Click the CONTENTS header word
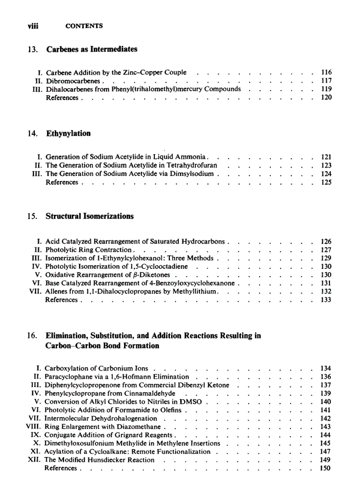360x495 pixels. [84, 26]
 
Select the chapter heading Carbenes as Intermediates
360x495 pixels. [91, 49]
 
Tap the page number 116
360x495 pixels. [326, 72]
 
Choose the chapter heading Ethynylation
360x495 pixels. [68, 134]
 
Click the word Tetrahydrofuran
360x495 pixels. [191, 165]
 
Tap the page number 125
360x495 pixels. [326, 182]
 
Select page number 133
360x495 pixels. [326, 300]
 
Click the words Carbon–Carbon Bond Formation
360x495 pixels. [102, 346]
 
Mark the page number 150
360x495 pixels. [326, 468]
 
